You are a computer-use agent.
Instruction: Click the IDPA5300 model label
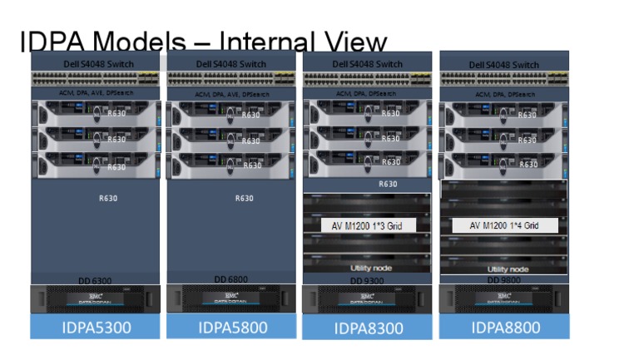(96, 327)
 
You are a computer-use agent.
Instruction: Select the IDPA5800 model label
(232, 327)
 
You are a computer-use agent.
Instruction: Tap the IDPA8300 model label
(368, 328)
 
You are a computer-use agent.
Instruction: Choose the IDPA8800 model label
(504, 327)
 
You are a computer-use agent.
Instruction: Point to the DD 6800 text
(232, 280)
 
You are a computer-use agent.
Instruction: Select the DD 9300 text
(368, 281)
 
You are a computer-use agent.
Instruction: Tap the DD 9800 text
(504, 281)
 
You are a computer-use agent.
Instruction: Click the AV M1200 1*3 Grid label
(368, 225)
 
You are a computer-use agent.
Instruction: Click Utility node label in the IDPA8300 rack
(368, 268)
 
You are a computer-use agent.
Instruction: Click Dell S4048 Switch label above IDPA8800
(503, 65)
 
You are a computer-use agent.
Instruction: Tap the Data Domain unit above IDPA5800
(232, 298)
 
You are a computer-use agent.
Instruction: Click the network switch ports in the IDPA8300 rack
(368, 79)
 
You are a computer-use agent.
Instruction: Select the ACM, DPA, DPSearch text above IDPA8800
(503, 94)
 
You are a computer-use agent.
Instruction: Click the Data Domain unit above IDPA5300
(96, 298)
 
